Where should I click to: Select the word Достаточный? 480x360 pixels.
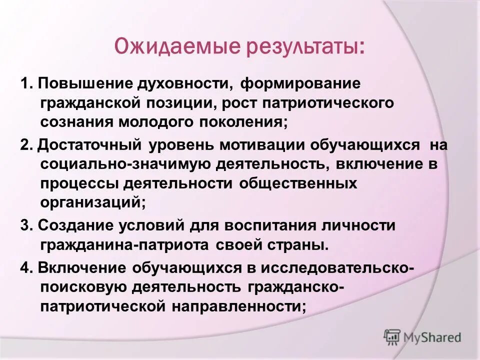[x=89, y=145]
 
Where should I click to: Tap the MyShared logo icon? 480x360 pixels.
[x=392, y=337]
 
